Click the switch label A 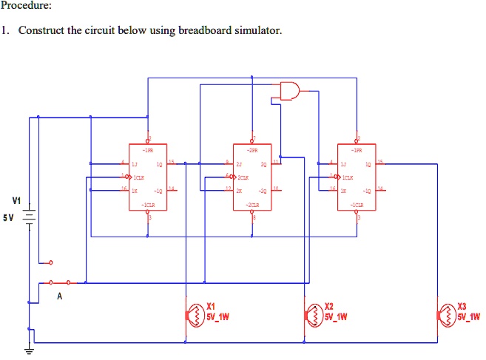pyautogui.click(x=59, y=296)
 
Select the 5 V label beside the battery pyautogui.click(x=9, y=218)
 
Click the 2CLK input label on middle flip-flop pyautogui.click(x=243, y=178)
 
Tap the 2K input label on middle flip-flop pyautogui.click(x=238, y=191)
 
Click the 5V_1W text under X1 pyautogui.click(x=220, y=318)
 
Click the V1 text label pyautogui.click(x=16, y=200)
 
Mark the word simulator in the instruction pyautogui.click(x=258, y=31)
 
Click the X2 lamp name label pyautogui.click(x=330, y=307)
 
